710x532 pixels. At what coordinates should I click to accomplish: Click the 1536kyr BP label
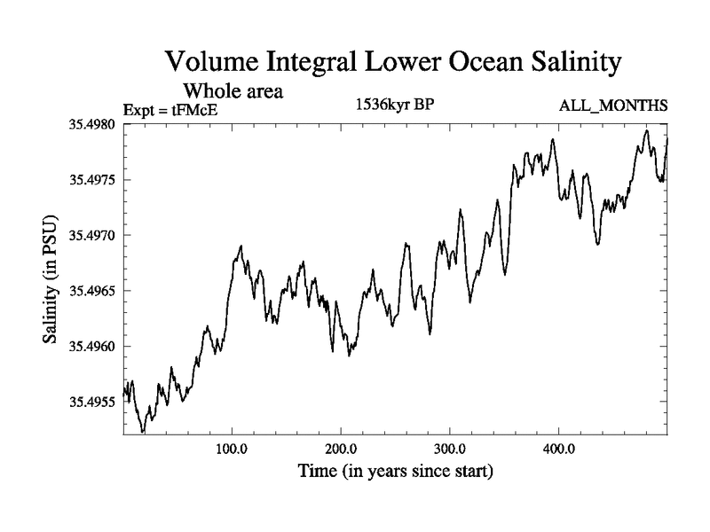396,106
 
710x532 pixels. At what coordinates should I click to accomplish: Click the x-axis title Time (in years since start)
395,470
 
